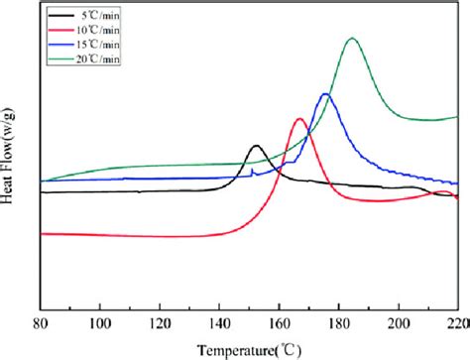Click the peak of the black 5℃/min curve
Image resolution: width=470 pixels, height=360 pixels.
point(257,146)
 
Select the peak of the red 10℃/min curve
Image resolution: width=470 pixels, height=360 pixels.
point(300,119)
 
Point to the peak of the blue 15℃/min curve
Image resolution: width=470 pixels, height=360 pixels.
point(325,93)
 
